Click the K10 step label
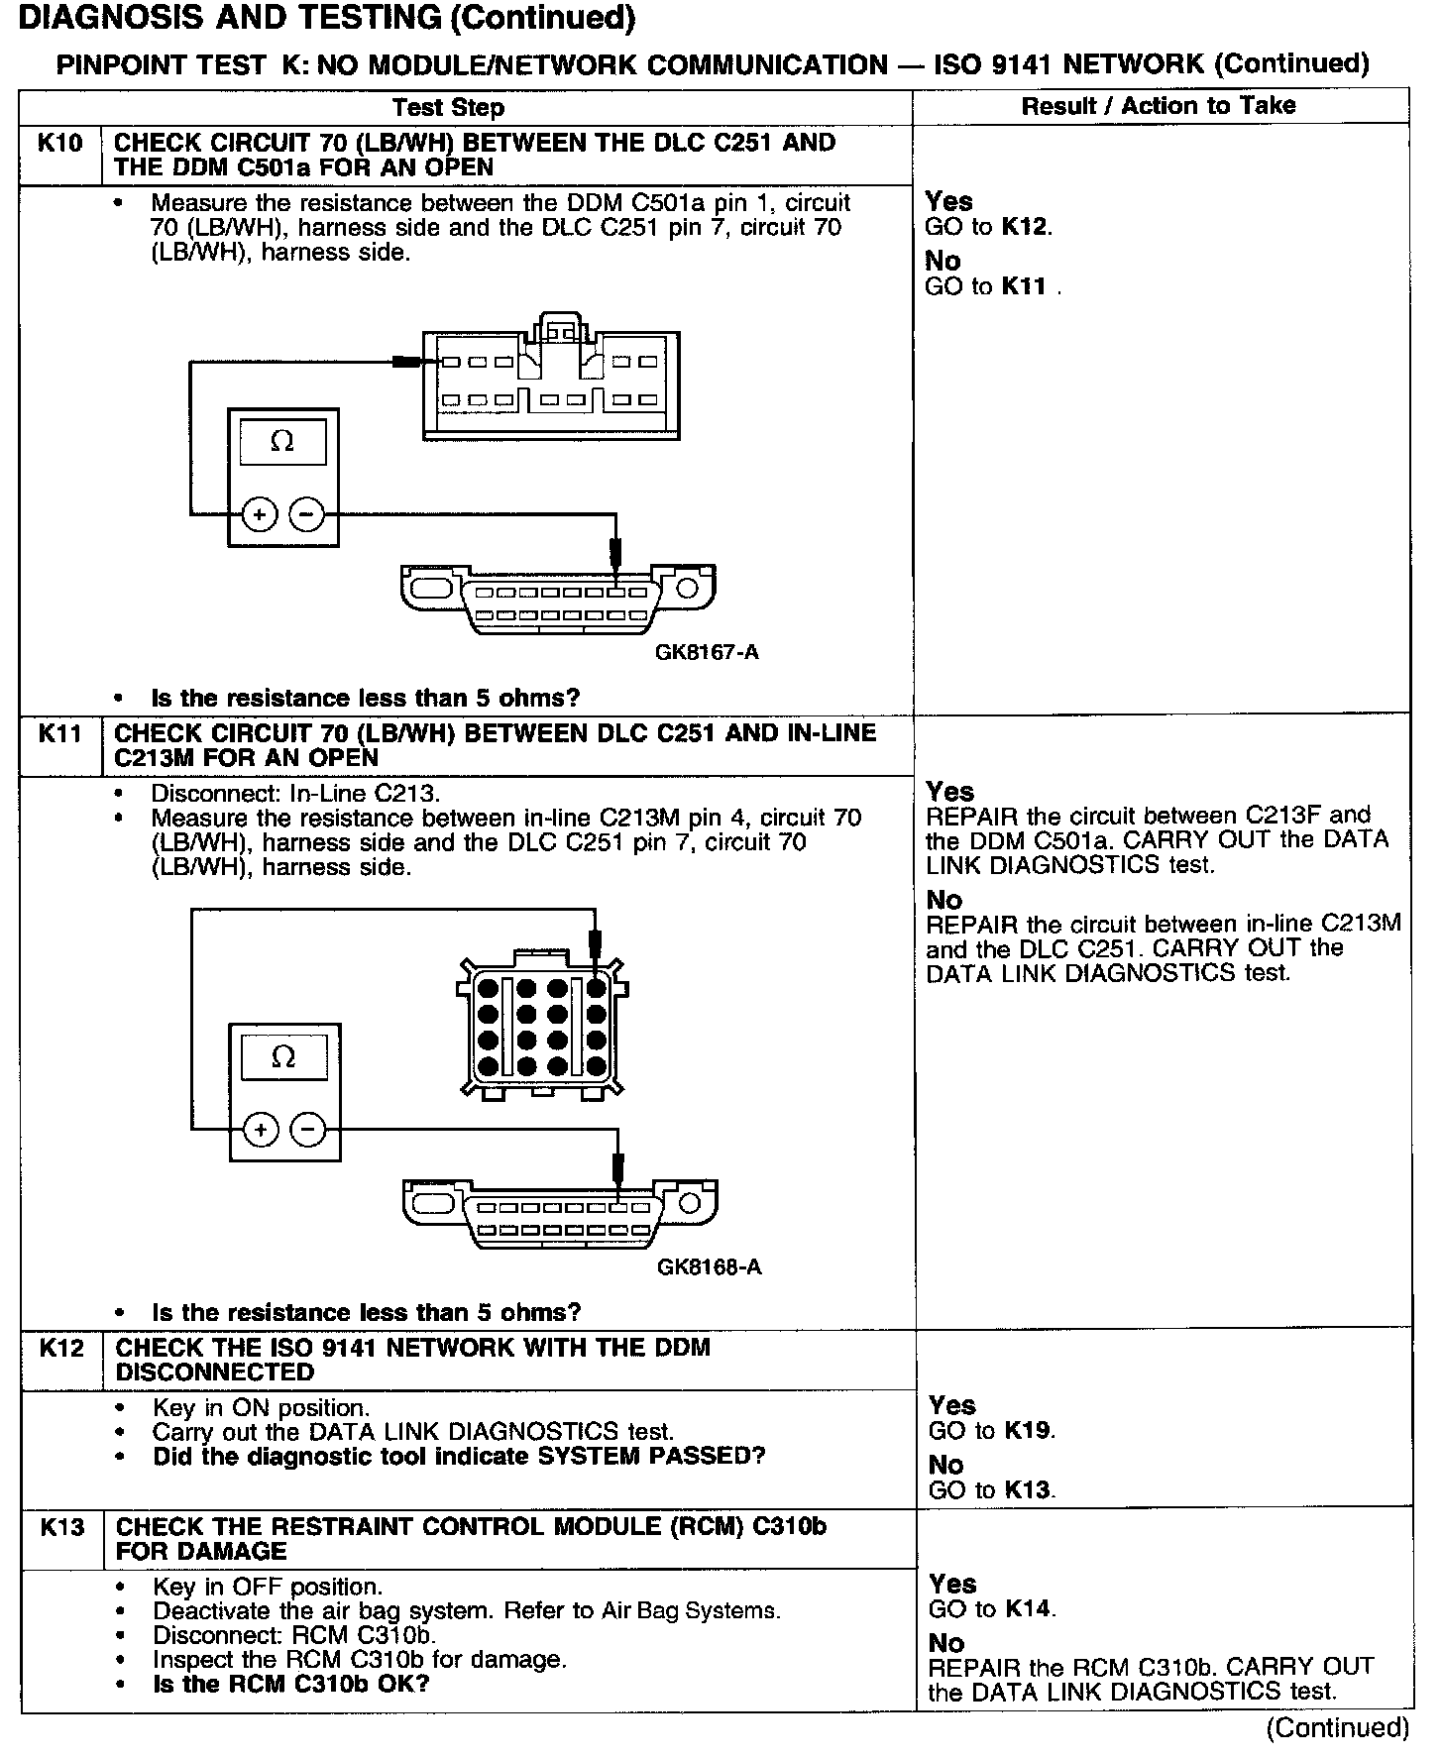coord(59,144)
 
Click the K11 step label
coord(59,734)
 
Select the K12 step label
coord(61,1348)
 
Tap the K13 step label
coord(61,1526)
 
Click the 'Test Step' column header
coord(448,107)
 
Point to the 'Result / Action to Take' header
coord(1159,105)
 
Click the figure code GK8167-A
coord(707,652)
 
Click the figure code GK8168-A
coord(709,1266)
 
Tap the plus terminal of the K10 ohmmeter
coord(260,514)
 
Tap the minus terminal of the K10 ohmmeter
coord(306,514)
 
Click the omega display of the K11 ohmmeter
coord(283,1057)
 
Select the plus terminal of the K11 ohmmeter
coord(261,1130)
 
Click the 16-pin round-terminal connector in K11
coord(541,1027)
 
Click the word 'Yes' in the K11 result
coord(949,791)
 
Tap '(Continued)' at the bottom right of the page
coord(1337,1727)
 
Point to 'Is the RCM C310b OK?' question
coord(290,1684)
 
